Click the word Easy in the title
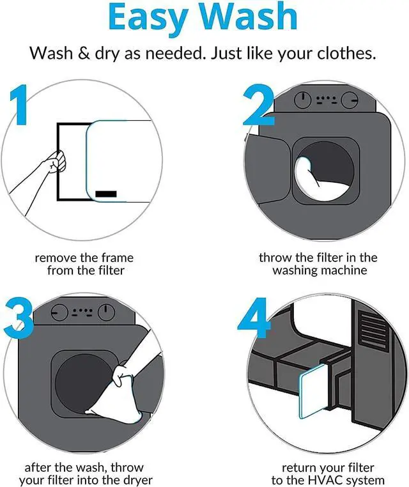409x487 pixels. tap(148, 18)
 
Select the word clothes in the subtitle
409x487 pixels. tap(346, 54)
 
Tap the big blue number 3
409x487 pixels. tap(19, 318)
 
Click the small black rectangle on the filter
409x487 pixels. tap(106, 194)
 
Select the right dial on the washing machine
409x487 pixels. tap(350, 100)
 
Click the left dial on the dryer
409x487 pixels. tap(59, 312)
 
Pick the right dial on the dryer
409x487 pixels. tap(106, 312)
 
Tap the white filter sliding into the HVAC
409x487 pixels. tap(313, 391)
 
